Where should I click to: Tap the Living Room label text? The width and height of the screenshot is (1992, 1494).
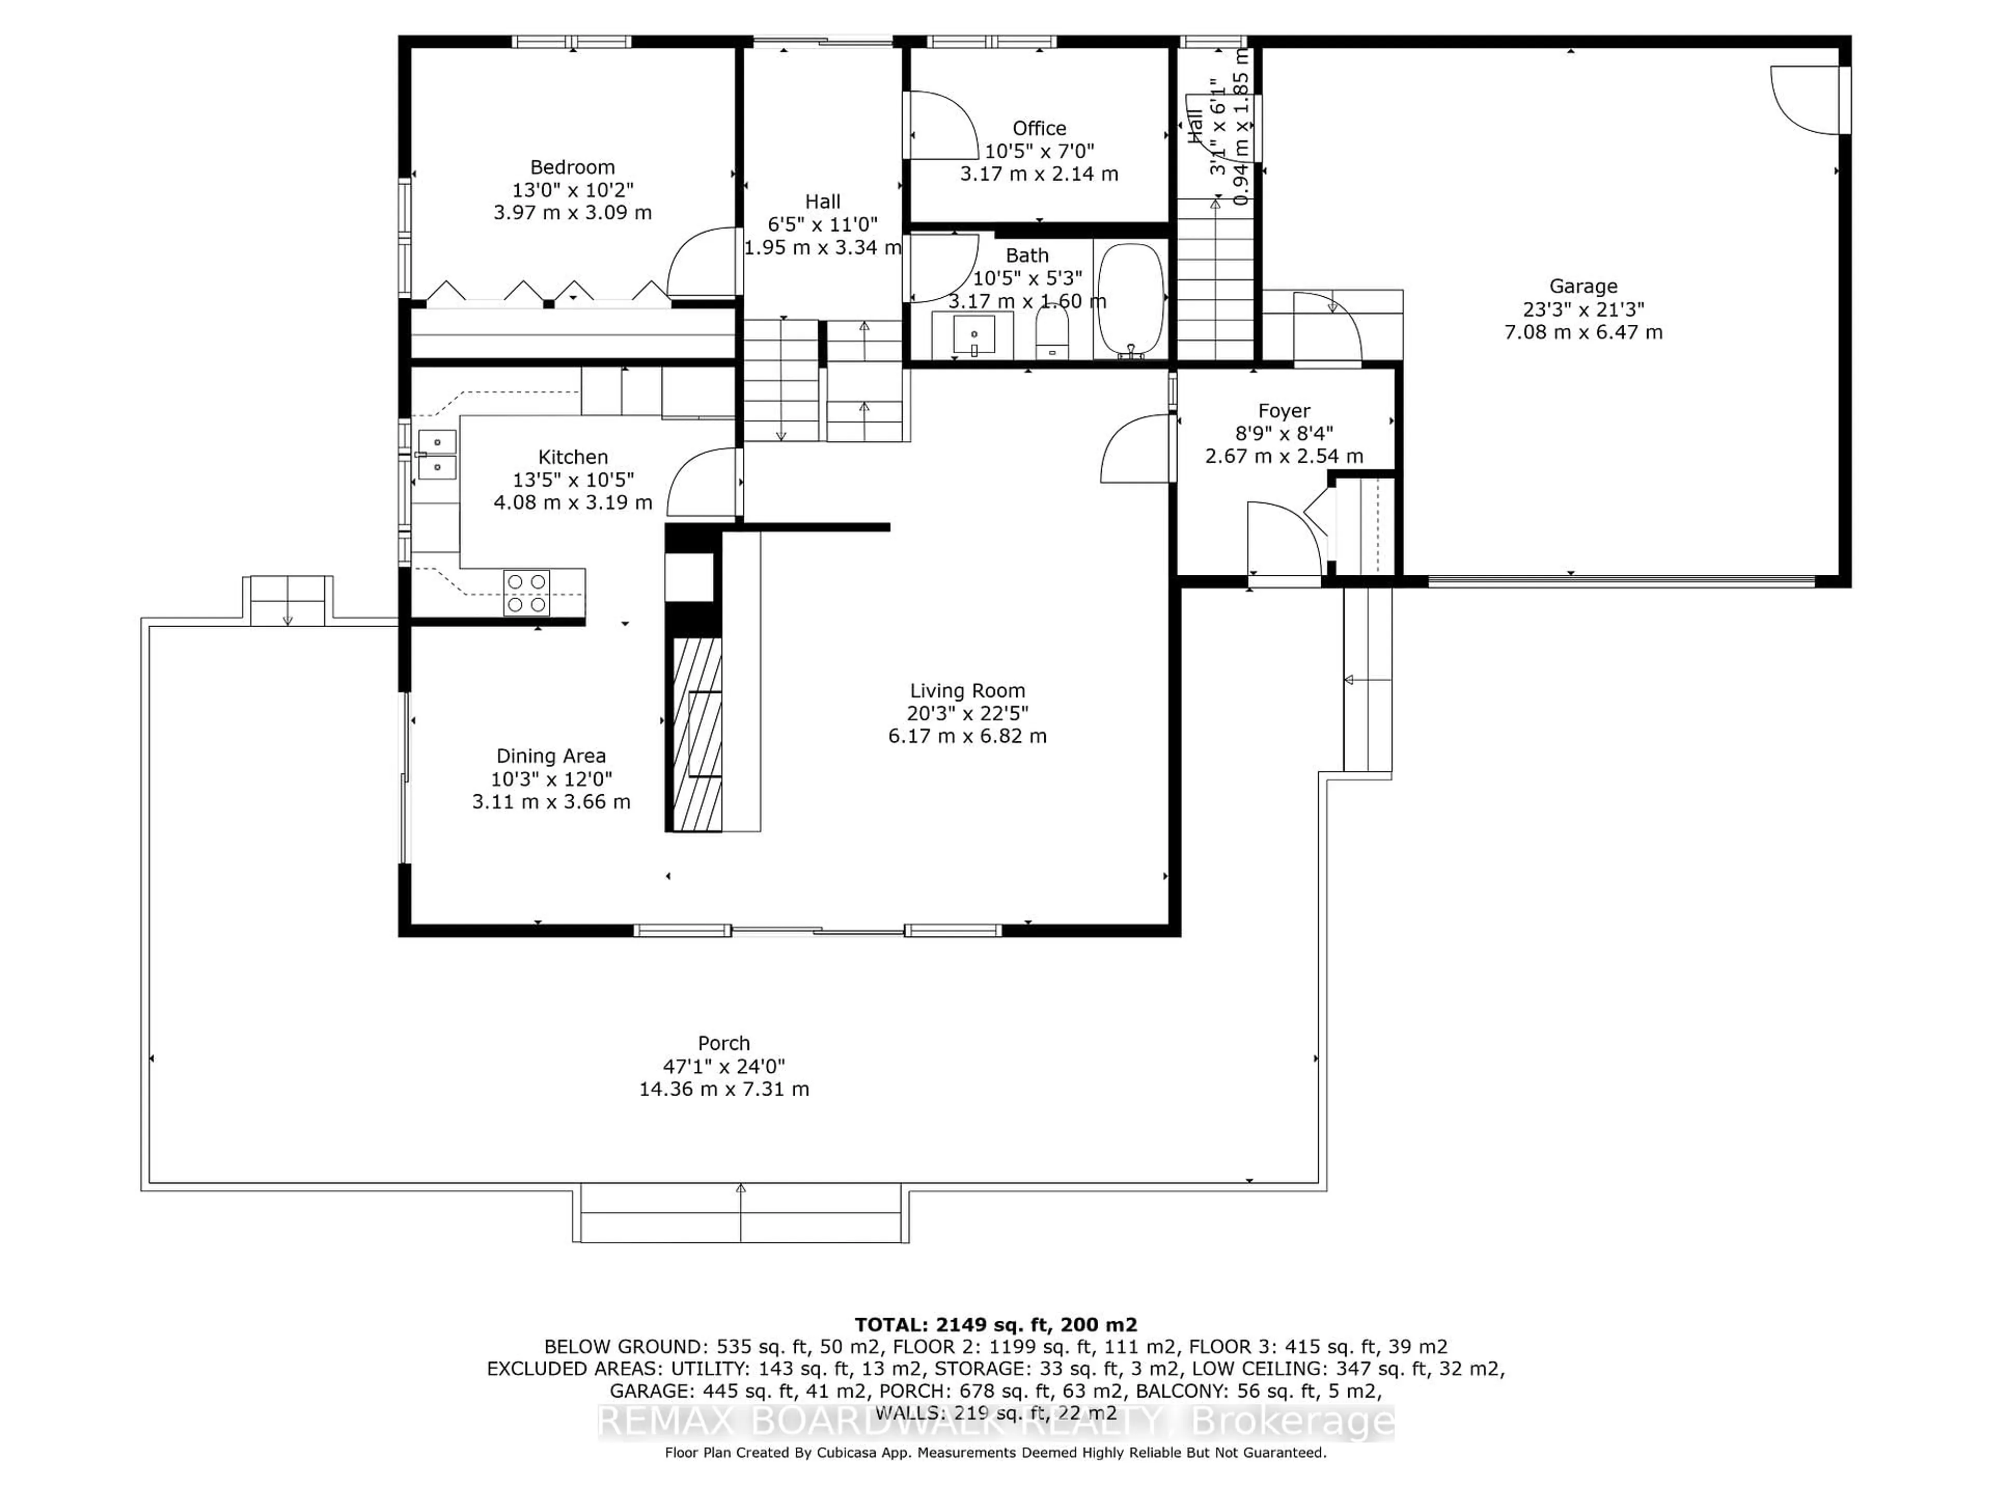pyautogui.click(x=967, y=691)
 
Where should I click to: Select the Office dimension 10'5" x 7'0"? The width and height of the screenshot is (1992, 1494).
pyautogui.click(x=1039, y=151)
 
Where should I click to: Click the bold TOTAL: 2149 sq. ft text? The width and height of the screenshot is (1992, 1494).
pyautogui.click(x=994, y=1325)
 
